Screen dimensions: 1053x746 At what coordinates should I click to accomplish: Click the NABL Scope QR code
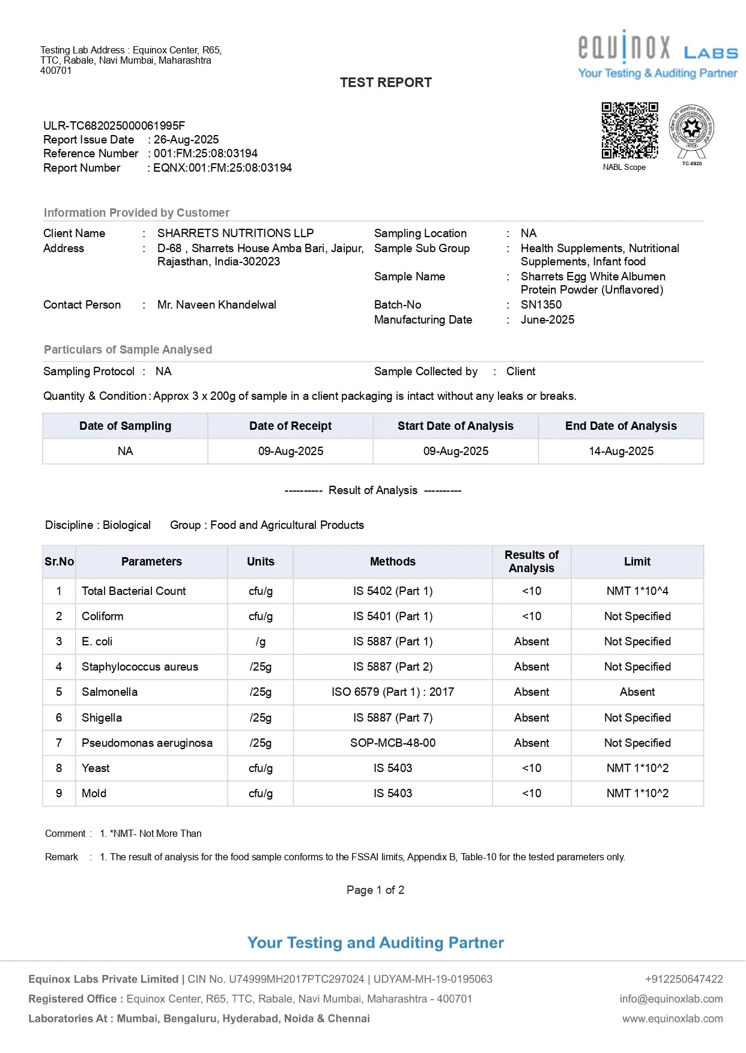click(x=629, y=130)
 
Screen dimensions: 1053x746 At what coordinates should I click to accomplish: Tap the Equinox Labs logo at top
click(x=658, y=54)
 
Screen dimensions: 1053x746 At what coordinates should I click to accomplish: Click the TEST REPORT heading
click(x=386, y=83)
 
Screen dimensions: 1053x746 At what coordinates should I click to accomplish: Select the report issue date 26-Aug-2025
click(x=186, y=140)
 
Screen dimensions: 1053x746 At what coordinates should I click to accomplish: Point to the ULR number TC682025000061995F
click(x=114, y=125)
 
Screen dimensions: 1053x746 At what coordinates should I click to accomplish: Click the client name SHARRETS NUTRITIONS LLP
click(x=235, y=234)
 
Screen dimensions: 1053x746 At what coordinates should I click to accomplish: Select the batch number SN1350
click(x=541, y=305)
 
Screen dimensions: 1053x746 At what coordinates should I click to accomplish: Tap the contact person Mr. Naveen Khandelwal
click(x=217, y=305)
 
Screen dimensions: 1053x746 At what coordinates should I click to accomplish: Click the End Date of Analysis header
click(x=620, y=426)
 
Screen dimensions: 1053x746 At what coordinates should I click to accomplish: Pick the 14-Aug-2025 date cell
click(x=620, y=451)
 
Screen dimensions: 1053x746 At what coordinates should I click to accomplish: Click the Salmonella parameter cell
click(x=110, y=692)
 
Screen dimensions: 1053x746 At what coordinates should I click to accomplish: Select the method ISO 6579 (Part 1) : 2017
click(x=393, y=692)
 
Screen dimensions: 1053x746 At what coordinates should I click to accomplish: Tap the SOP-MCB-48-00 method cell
click(x=393, y=743)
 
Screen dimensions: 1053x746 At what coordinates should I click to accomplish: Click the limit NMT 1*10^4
click(x=637, y=591)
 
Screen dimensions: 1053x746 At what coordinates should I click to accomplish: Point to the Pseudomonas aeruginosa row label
click(x=147, y=743)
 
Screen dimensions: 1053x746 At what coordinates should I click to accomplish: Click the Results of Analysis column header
click(x=532, y=562)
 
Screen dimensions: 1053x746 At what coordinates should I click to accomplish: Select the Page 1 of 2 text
click(x=375, y=890)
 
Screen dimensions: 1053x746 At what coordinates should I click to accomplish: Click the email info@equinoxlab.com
click(x=671, y=999)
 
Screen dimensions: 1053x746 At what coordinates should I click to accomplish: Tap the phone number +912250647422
click(x=684, y=979)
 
